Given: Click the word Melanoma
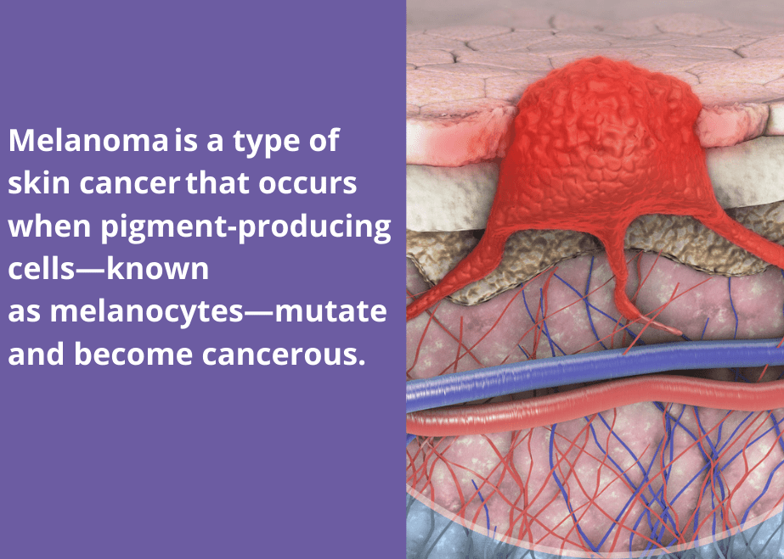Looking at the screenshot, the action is (x=88, y=140).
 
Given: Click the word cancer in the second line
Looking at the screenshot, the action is (x=129, y=185).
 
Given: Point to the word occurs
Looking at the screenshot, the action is (x=307, y=185).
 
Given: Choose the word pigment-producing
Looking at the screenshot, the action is (x=245, y=227).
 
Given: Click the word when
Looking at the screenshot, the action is (x=49, y=226).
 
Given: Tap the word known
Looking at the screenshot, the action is (x=157, y=269).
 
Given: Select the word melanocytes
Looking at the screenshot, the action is (x=146, y=313).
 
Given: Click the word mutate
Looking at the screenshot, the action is (x=330, y=312).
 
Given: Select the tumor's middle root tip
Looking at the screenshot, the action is (x=678, y=332).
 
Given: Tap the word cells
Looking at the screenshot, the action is (x=42, y=269).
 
